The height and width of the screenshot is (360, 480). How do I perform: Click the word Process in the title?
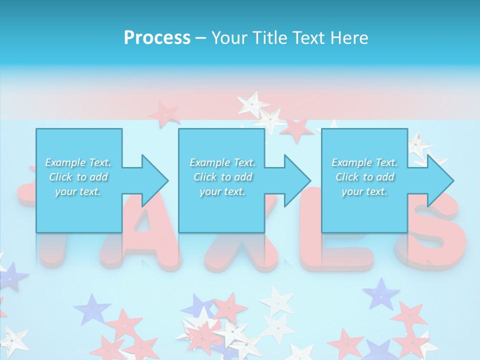(157, 37)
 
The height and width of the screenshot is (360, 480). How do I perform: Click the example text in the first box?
(78, 177)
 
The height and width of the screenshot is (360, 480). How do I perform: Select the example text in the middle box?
(222, 177)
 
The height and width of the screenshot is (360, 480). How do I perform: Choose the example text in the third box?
(364, 177)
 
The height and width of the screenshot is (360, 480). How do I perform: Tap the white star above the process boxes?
(252, 104)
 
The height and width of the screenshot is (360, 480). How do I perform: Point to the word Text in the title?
(310, 37)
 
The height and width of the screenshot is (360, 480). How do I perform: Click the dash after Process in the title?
(200, 38)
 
